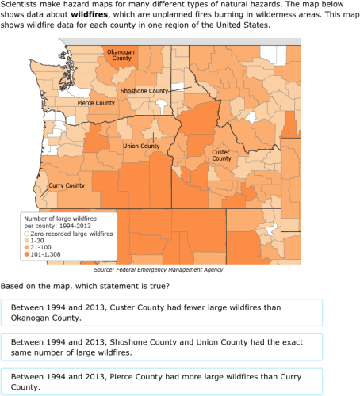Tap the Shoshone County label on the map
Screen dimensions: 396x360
[x=144, y=91]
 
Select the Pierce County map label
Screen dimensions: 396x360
[x=96, y=103]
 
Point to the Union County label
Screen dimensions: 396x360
[x=141, y=146]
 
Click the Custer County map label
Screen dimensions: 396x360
[x=221, y=154]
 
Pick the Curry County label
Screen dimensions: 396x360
[x=67, y=185]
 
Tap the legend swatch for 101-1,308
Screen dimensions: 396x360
[x=25, y=255]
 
